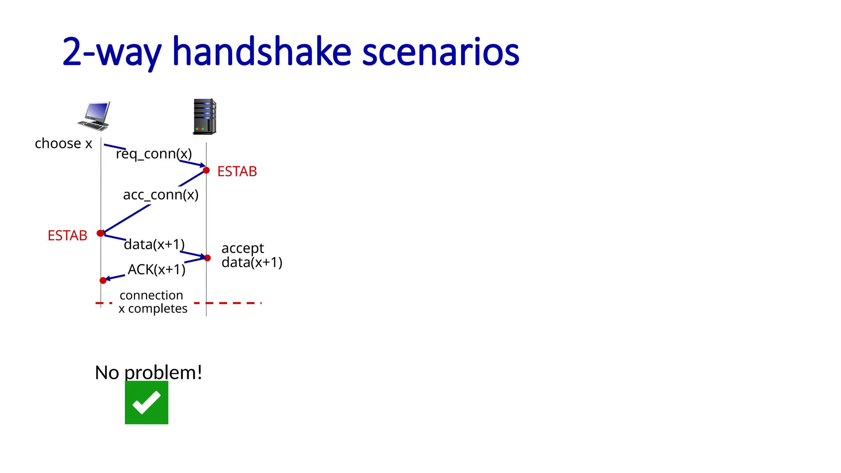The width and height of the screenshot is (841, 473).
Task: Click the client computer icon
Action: click(94, 116)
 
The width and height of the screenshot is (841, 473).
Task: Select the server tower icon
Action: click(205, 117)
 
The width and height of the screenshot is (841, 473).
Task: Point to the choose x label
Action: click(63, 144)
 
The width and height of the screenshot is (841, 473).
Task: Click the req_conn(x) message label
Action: click(154, 154)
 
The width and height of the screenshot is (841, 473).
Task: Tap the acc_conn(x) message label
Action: click(161, 194)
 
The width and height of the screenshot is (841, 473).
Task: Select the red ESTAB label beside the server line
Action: click(237, 171)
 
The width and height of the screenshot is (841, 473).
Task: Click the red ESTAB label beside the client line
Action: click(67, 236)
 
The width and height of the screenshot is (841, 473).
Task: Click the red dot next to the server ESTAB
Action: click(207, 170)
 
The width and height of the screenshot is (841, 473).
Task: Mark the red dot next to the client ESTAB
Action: click(100, 233)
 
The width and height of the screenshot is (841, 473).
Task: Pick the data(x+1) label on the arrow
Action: click(154, 244)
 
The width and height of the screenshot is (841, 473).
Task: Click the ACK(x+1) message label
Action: click(156, 269)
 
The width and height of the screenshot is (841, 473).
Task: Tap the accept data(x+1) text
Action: click(251, 255)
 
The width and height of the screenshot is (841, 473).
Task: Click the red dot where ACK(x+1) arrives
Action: click(103, 280)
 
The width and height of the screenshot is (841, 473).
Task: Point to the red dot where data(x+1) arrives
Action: click(207, 258)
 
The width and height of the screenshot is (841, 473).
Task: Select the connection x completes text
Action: click(152, 302)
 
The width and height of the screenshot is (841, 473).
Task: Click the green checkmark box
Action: click(147, 402)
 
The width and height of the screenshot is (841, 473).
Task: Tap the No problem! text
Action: click(148, 372)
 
